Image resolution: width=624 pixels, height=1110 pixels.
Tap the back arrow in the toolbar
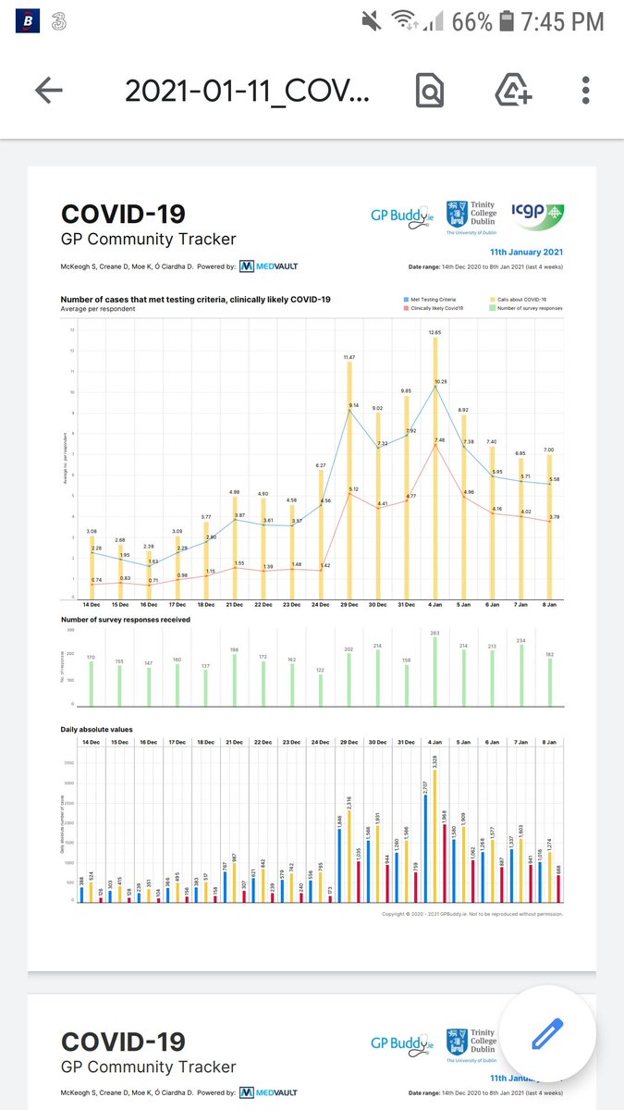coord(49,90)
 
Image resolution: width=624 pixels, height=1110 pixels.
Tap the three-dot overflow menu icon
coord(585,90)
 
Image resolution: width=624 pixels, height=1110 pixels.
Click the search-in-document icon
coord(429,90)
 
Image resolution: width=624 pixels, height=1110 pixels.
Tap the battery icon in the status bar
coord(507,20)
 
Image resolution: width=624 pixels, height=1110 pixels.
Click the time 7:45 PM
coord(563,20)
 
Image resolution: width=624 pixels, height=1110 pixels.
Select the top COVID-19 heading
coord(123,214)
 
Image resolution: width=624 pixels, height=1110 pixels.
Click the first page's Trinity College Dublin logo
coord(471,216)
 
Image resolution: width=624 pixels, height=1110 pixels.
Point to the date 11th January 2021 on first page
coord(526,252)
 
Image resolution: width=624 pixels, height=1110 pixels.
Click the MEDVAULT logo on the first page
coord(268,266)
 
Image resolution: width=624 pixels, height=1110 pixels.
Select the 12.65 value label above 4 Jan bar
coord(435,331)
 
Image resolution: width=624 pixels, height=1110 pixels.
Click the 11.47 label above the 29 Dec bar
coord(349,356)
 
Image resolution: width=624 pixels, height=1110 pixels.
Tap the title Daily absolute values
coord(97,730)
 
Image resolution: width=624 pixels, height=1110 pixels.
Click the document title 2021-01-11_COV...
coord(247,91)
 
